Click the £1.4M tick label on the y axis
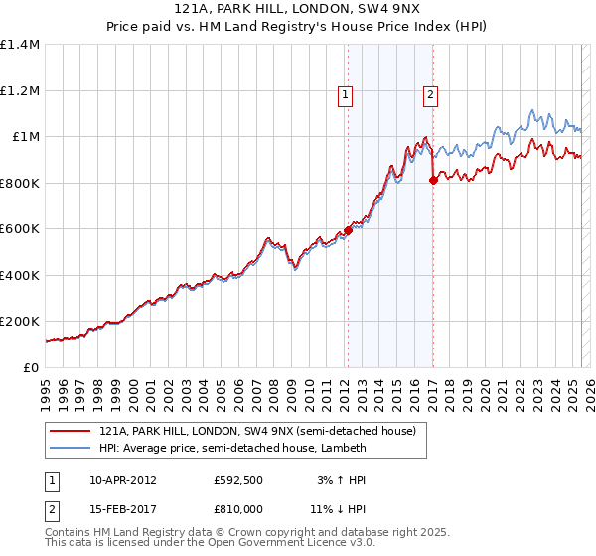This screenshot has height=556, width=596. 20,45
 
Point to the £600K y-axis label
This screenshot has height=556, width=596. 20,229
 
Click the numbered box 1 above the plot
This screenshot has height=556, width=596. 345,96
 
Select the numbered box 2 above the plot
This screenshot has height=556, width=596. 431,96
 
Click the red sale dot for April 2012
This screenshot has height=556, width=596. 348,230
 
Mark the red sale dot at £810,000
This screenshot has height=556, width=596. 433,180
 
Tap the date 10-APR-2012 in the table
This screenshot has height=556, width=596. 123,480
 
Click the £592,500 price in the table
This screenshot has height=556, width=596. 236,480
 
